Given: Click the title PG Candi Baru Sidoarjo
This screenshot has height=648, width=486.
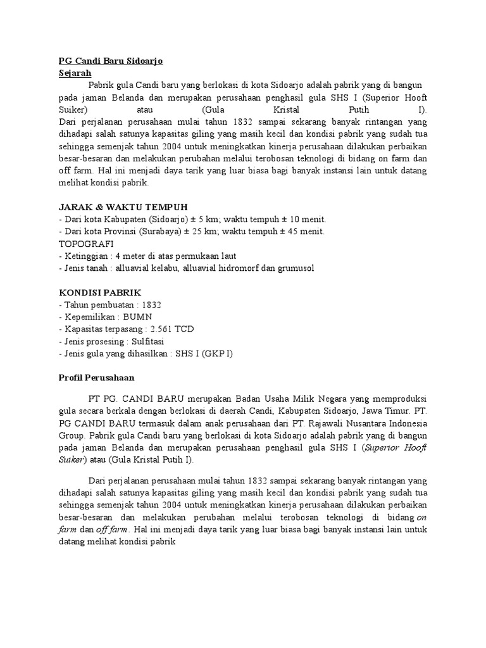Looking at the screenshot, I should click(110, 61).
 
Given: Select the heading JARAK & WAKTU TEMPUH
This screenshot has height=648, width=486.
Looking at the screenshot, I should click(123, 208).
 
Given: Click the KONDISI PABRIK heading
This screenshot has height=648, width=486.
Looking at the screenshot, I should click(101, 293).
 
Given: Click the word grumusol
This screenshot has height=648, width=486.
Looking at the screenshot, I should click(291, 268).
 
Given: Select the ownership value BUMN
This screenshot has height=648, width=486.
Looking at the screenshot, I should click(137, 317).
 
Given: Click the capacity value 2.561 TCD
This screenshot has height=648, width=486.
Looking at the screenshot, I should click(168, 329).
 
